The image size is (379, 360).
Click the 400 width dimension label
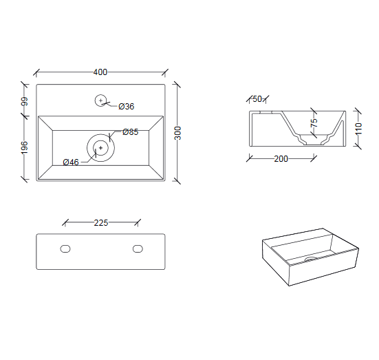tap(100, 72)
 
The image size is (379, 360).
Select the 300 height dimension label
tap(177, 133)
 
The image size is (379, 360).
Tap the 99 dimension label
tap(24, 101)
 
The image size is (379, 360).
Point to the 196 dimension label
tap(24, 147)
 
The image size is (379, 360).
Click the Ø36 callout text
tap(126, 107)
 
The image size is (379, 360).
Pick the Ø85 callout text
tap(130, 132)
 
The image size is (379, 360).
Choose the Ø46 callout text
tap(71, 162)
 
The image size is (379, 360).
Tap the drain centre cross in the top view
tap(101, 148)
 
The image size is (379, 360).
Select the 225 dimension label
tap(101, 223)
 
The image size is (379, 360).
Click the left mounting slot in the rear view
tap(65, 248)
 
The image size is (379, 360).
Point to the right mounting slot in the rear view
tap(138, 248)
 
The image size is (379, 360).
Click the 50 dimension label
tap(257, 98)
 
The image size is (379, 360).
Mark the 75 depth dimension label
tap(314, 123)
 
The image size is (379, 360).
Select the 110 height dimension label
tap(358, 129)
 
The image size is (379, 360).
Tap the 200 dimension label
tap(281, 159)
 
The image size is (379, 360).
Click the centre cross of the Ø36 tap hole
tap(101, 100)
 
